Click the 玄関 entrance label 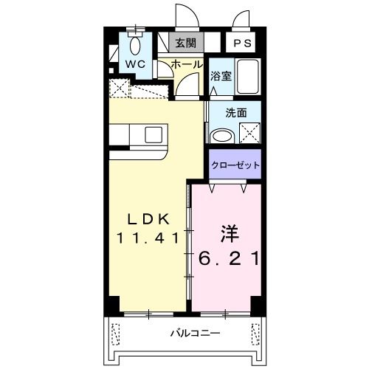click(x=186, y=44)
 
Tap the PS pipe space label click(x=242, y=44)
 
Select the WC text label click(x=134, y=64)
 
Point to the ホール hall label click(x=187, y=65)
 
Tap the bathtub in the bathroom click(x=246, y=76)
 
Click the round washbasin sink click(x=221, y=136)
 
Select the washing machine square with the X click(x=249, y=134)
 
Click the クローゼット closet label click(x=235, y=165)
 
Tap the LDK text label click(x=146, y=218)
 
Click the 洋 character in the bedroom click(x=227, y=235)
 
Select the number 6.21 click(x=227, y=258)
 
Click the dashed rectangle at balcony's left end click(x=115, y=334)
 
